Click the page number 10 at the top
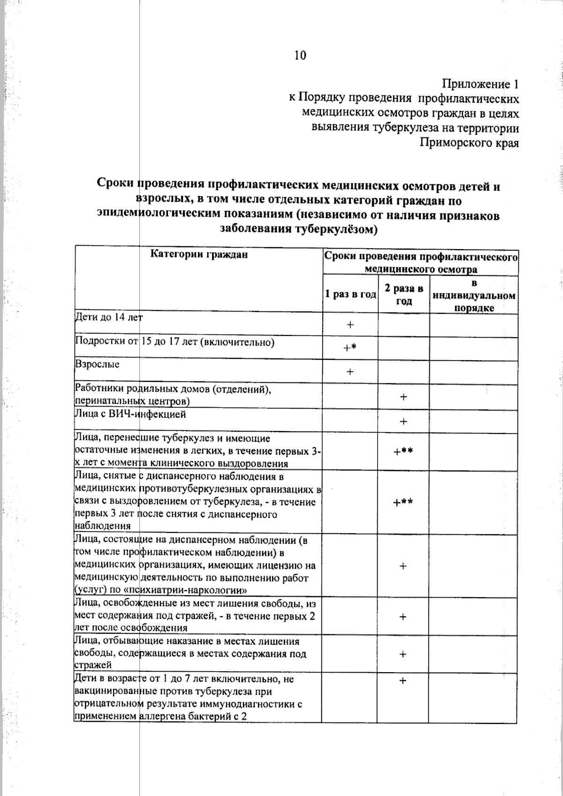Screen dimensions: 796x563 pyautogui.click(x=300, y=55)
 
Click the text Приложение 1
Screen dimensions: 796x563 pyautogui.click(x=480, y=84)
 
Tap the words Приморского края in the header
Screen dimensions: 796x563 pyautogui.click(x=469, y=143)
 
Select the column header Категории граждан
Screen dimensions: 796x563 pyautogui.click(x=199, y=255)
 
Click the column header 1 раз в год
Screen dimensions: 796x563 pyautogui.click(x=350, y=295)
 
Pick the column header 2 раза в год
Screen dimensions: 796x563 pyautogui.click(x=404, y=295)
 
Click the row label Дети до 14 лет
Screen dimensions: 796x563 pyautogui.click(x=108, y=318)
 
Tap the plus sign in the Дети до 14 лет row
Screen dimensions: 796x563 pyautogui.click(x=350, y=325)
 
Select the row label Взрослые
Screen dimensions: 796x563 pyautogui.click(x=98, y=364)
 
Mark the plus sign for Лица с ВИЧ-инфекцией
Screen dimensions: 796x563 pyautogui.click(x=403, y=422)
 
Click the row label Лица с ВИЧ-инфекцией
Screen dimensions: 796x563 pyautogui.click(x=130, y=415)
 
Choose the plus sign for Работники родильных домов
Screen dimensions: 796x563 pyautogui.click(x=403, y=397)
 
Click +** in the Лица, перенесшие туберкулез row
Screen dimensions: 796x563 pyautogui.click(x=403, y=451)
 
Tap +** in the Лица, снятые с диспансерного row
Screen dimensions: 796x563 pyautogui.click(x=403, y=502)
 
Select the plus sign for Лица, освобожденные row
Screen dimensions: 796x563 pyautogui.click(x=403, y=617)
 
